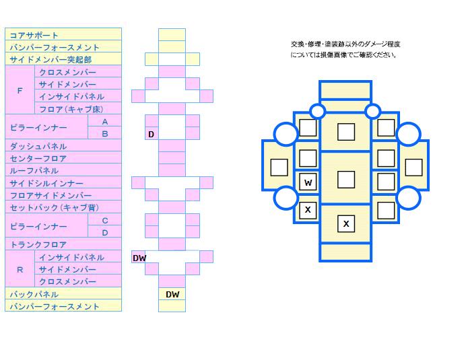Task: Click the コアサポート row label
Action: [x=34, y=36]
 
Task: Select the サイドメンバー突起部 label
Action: [x=51, y=60]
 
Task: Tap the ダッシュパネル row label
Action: [x=38, y=147]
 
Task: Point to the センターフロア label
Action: [x=38, y=159]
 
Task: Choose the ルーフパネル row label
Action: [x=34, y=171]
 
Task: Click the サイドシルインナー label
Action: [x=46, y=183]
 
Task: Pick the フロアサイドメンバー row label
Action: [x=51, y=195]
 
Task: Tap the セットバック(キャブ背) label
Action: [x=55, y=208]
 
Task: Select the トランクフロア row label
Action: [x=38, y=245]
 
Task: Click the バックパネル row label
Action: [x=34, y=294]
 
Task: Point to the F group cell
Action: [x=20, y=90]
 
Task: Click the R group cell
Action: [x=20, y=270]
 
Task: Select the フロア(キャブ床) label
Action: [x=71, y=109]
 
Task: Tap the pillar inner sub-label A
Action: [x=105, y=122]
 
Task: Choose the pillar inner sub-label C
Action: [x=105, y=221]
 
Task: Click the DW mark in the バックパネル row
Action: [x=172, y=294]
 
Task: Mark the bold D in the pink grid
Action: [x=152, y=135]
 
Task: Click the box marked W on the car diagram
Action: [x=308, y=182]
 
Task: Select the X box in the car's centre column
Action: [x=346, y=223]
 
